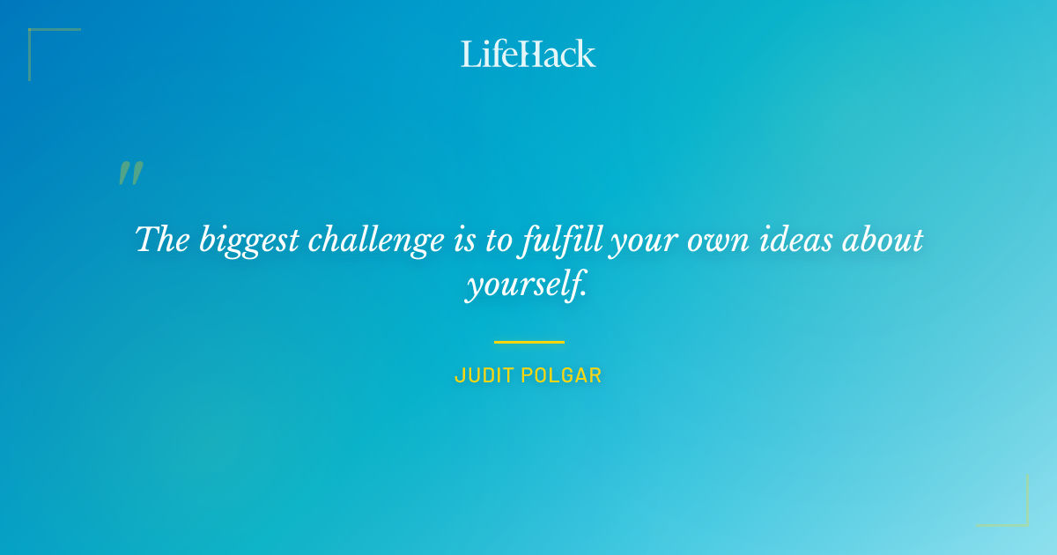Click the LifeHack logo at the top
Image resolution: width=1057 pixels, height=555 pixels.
528,54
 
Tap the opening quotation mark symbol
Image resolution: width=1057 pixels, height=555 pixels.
129,174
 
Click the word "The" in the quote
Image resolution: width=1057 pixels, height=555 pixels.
163,240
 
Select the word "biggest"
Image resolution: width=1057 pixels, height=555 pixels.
248,241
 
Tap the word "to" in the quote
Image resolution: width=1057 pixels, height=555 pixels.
498,240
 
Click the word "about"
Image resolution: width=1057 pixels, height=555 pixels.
879,240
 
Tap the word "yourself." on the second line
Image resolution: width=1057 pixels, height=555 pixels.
525,285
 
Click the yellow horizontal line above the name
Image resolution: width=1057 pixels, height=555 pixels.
528,342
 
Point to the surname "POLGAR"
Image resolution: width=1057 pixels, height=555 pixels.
562,375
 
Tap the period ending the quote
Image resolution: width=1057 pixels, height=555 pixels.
583,293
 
